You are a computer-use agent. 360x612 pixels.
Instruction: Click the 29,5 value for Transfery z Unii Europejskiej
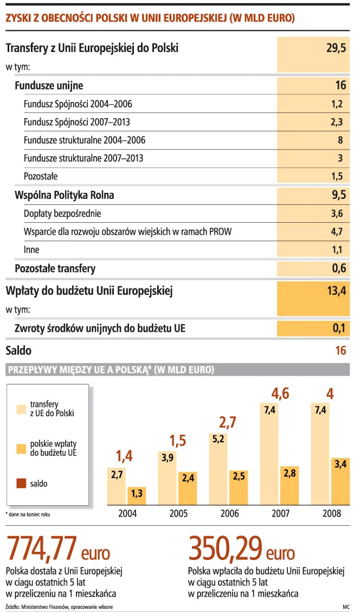coord(336,48)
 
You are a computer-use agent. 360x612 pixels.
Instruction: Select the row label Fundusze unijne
coord(49,86)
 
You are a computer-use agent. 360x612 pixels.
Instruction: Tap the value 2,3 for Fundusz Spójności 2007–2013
coord(336,122)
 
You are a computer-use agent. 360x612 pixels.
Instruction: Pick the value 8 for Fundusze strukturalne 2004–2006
coord(340,140)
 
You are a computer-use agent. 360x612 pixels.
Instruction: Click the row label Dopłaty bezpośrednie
coord(62,214)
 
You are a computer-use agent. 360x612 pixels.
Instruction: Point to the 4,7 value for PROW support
coord(336,232)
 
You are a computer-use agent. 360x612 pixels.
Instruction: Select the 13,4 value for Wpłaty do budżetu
coord(336,291)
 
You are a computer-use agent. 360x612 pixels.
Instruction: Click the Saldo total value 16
coord(340,351)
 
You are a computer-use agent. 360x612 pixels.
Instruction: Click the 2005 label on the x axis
coord(178,513)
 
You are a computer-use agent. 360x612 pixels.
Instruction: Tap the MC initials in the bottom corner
coord(345,606)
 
